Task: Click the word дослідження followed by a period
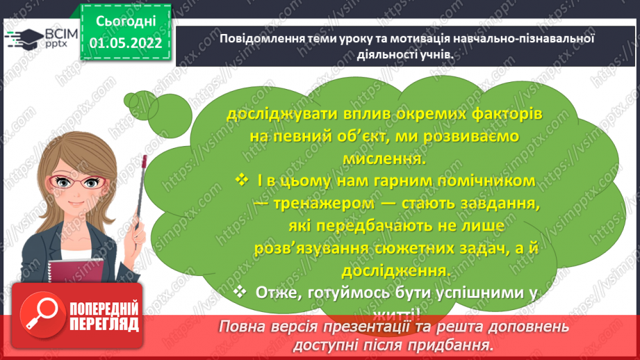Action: click(x=381, y=270)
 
